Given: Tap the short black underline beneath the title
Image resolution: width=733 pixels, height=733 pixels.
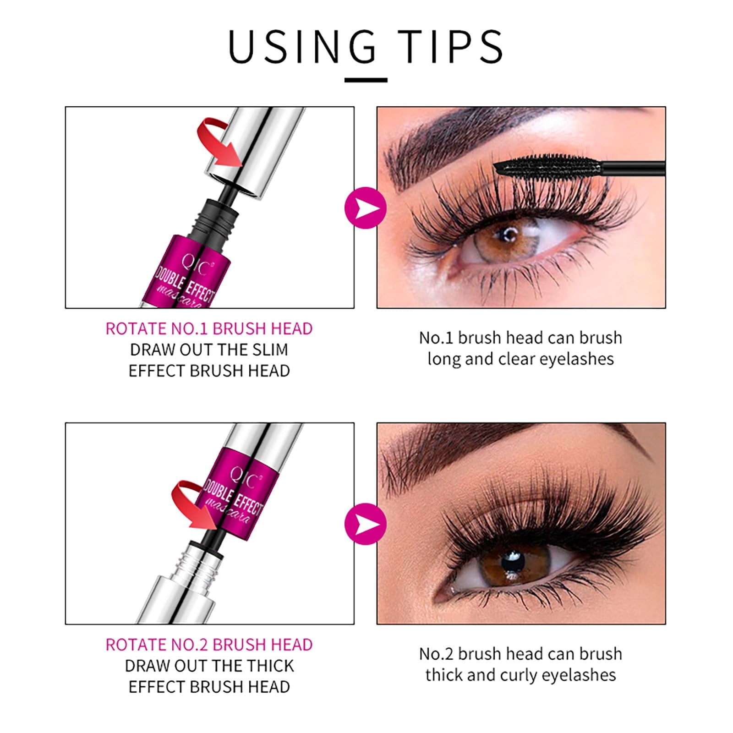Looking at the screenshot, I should pos(366,80).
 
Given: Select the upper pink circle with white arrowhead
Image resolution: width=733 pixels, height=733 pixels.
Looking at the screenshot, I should pos(366,208).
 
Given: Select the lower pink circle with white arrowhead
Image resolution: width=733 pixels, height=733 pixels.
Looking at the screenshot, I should pos(366,524).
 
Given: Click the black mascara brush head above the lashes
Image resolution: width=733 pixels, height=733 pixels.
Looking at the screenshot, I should pos(547,166).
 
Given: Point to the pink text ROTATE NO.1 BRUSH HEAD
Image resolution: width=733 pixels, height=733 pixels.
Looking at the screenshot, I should pos(209,329).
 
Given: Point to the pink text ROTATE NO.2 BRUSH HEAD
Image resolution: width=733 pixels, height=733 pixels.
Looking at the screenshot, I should pos(209,645).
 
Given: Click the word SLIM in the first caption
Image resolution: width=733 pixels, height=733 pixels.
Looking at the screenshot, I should pos(270,350).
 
